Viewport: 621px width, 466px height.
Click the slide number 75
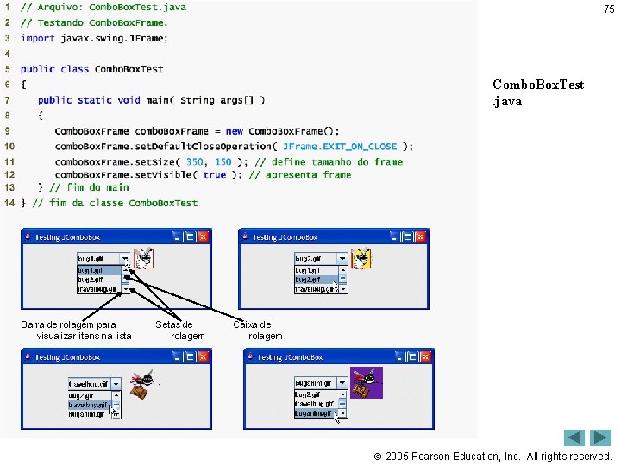tap(609, 9)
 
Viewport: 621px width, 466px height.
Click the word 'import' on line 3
tap(37, 38)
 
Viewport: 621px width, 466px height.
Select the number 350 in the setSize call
tap(195, 161)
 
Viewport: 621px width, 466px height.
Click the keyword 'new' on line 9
tap(235, 131)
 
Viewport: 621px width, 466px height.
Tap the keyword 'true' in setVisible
tap(215, 174)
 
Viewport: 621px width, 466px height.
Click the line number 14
tap(9, 203)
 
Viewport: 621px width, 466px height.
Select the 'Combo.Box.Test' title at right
tap(538, 85)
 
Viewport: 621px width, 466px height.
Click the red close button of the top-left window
tap(204, 236)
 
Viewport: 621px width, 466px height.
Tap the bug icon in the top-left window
tap(144, 258)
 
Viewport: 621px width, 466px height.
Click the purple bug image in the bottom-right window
tap(366, 382)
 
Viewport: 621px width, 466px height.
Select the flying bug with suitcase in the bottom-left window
tap(143, 384)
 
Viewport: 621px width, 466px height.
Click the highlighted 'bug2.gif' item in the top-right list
tap(315, 280)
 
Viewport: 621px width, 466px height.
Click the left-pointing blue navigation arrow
tap(575, 438)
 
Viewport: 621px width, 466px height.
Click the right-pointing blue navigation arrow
tap(600, 438)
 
